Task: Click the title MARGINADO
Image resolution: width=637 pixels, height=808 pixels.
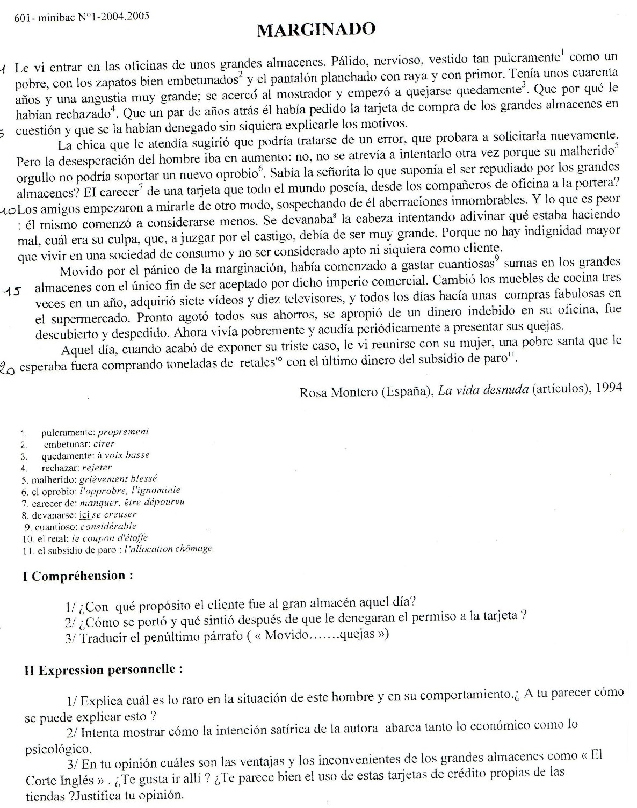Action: tap(316, 30)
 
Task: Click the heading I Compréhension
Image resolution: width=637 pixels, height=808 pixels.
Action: tap(78, 576)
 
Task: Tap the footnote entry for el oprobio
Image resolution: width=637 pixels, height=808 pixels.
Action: tap(49, 491)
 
